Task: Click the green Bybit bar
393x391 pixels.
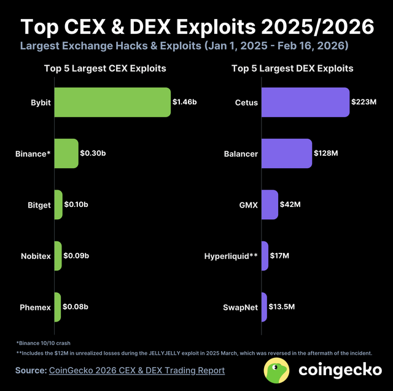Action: pyautogui.click(x=112, y=102)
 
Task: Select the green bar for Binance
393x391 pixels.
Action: pyautogui.click(x=66, y=153)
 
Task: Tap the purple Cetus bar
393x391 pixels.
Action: pyautogui.click(x=305, y=102)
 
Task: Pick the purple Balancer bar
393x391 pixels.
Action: pyautogui.click(x=287, y=153)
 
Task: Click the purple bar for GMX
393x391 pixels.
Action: pyautogui.click(x=270, y=204)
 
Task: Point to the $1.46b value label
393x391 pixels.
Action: pyautogui.click(x=184, y=102)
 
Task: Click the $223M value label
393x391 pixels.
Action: pyautogui.click(x=364, y=102)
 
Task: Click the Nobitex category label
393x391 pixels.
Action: pyautogui.click(x=36, y=256)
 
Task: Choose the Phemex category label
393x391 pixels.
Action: pyautogui.click(x=35, y=307)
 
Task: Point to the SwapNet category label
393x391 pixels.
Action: pyautogui.click(x=240, y=307)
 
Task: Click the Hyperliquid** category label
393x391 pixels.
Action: pyautogui.click(x=230, y=256)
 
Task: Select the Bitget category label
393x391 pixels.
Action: pyautogui.click(x=39, y=204)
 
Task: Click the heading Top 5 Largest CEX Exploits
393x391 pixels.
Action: pyautogui.click(x=104, y=69)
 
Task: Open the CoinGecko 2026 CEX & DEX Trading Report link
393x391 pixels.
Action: pyautogui.click(x=136, y=370)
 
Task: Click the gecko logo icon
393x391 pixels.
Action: pyautogui.click(x=277, y=370)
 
